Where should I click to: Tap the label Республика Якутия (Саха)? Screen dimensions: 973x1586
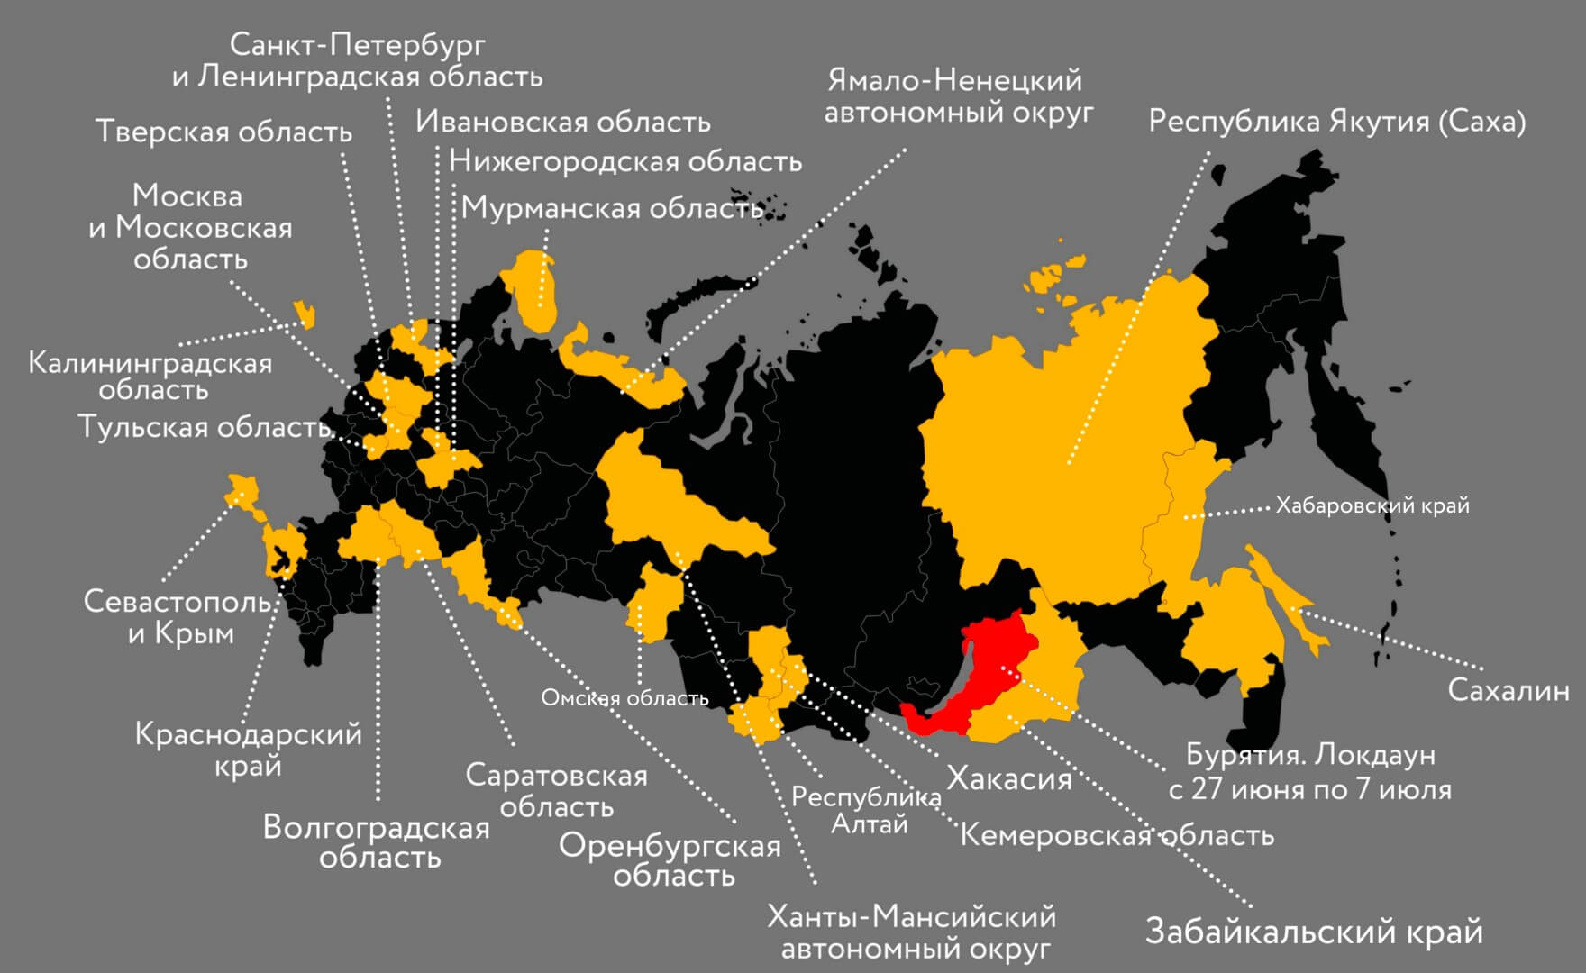tap(1336, 122)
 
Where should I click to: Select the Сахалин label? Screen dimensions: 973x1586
tap(1508, 691)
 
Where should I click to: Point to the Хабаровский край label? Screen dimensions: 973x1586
tap(1372, 505)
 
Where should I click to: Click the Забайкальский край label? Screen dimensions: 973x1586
tap(1313, 931)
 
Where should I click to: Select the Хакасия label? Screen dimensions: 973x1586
tap(1008, 778)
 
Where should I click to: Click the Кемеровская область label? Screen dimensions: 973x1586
tap(1117, 835)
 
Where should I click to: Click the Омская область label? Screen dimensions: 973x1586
tap(624, 698)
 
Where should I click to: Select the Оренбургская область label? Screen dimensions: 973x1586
tap(670, 860)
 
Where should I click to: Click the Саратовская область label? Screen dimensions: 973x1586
tap(556, 790)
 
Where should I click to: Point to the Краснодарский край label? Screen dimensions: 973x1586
tap(248, 750)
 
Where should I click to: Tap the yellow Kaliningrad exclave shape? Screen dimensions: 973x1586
tap(305, 314)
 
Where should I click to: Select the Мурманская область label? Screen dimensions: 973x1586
tap(612, 208)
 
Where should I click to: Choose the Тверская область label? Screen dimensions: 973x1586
tap(223, 132)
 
